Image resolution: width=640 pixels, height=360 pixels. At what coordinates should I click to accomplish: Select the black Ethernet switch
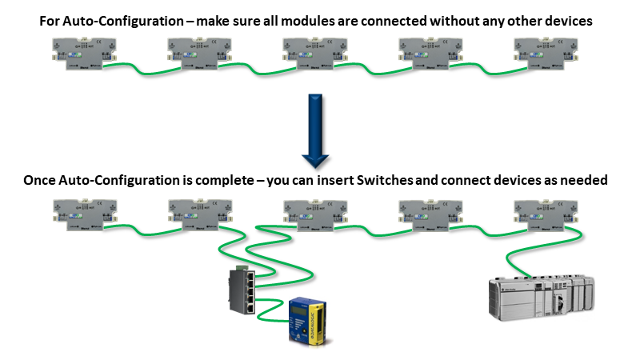coord(240,292)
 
